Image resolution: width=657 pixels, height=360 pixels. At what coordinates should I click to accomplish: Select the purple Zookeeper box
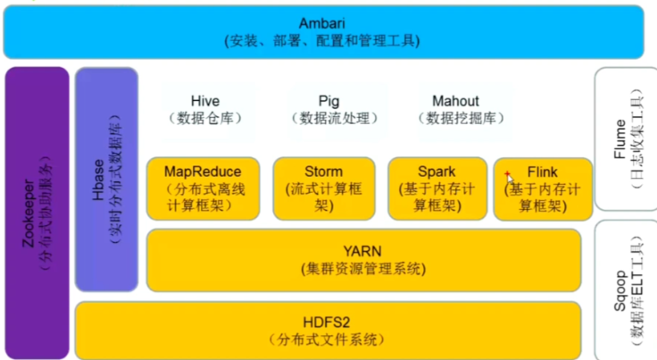click(x=37, y=213)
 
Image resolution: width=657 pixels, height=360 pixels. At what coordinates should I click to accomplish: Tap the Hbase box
click(x=105, y=179)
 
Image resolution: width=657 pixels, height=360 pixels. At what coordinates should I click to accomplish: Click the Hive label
click(x=204, y=101)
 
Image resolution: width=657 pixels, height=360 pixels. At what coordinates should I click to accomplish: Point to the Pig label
click(x=328, y=101)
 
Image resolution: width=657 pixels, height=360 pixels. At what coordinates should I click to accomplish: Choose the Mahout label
click(x=455, y=101)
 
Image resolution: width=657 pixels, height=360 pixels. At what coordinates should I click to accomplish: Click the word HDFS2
click(x=325, y=322)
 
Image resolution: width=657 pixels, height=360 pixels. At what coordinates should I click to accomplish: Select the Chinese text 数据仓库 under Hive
click(x=204, y=118)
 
